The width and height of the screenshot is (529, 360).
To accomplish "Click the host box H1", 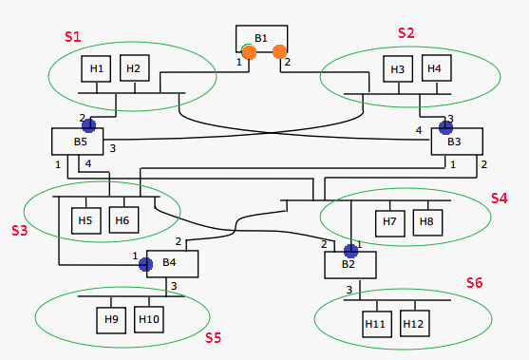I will tap(96, 69).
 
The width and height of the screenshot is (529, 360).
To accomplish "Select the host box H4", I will tap(434, 69).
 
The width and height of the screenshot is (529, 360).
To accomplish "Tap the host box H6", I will tap(123, 220).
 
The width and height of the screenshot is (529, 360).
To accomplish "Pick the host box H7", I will tap(389, 222).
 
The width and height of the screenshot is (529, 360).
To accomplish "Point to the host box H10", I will tap(149, 318).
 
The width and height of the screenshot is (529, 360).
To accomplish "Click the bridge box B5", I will tap(79, 142).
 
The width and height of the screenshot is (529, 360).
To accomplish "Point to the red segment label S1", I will tap(73, 36).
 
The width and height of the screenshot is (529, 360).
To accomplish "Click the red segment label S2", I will tap(406, 32).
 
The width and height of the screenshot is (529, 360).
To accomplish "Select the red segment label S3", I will tap(19, 230).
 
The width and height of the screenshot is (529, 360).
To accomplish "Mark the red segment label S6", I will tap(475, 283).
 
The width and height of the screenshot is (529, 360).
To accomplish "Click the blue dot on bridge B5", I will tap(88, 124).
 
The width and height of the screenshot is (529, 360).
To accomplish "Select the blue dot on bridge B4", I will tap(145, 264).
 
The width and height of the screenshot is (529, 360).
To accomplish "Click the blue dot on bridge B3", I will tap(444, 126).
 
